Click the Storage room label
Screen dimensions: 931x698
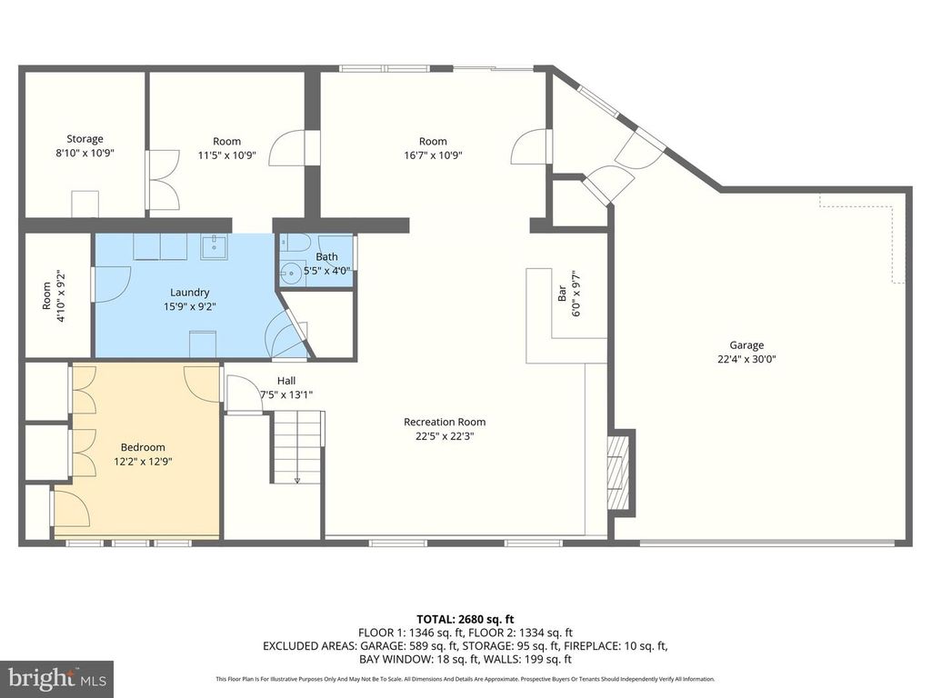(85, 139)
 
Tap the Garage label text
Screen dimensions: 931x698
(746, 344)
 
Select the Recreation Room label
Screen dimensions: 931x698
(445, 422)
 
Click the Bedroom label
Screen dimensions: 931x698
(143, 447)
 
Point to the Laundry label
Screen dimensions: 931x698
(189, 292)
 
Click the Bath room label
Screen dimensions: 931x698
(326, 256)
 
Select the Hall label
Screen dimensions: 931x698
(286, 381)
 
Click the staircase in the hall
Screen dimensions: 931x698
(298, 447)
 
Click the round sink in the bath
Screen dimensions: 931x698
(292, 274)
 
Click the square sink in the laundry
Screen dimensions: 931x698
(214, 246)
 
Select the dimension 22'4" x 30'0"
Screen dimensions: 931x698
(746, 359)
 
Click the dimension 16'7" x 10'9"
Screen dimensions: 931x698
(433, 155)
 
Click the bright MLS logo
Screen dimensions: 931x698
(57, 678)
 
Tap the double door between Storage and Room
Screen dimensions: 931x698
(162, 180)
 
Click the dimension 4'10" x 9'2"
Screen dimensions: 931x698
(60, 295)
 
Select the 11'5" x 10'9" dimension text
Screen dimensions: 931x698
(226, 155)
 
